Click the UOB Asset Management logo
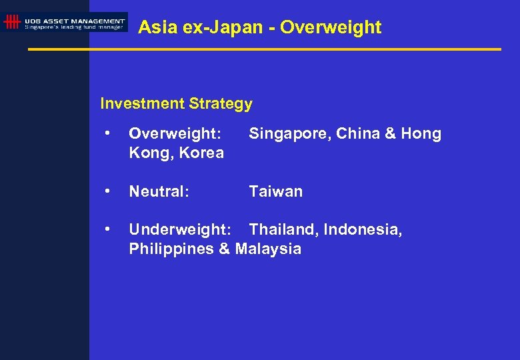tap(65, 22)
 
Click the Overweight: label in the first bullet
tap(175, 134)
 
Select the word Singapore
tap(289, 134)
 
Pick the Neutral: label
tap(159, 192)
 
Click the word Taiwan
tap(275, 192)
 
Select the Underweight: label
tap(180, 230)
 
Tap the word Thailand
tap(284, 230)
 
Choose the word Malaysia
tap(267, 249)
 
